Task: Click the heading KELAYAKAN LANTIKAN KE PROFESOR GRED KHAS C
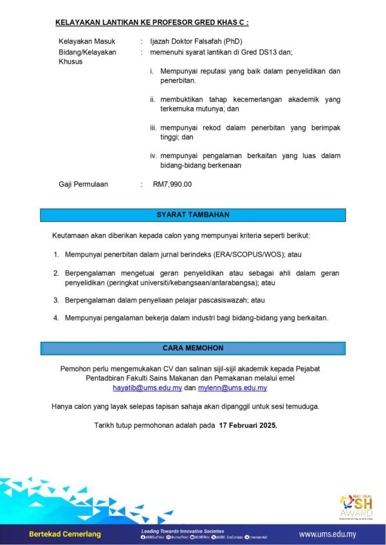click(152, 22)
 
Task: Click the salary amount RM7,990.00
click(172, 184)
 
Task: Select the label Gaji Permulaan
click(84, 184)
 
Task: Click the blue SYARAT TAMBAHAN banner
click(193, 215)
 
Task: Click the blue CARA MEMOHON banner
click(193, 348)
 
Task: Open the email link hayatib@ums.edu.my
click(147, 389)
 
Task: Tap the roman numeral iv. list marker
click(154, 156)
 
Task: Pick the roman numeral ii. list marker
click(153, 100)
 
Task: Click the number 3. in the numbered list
click(57, 300)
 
